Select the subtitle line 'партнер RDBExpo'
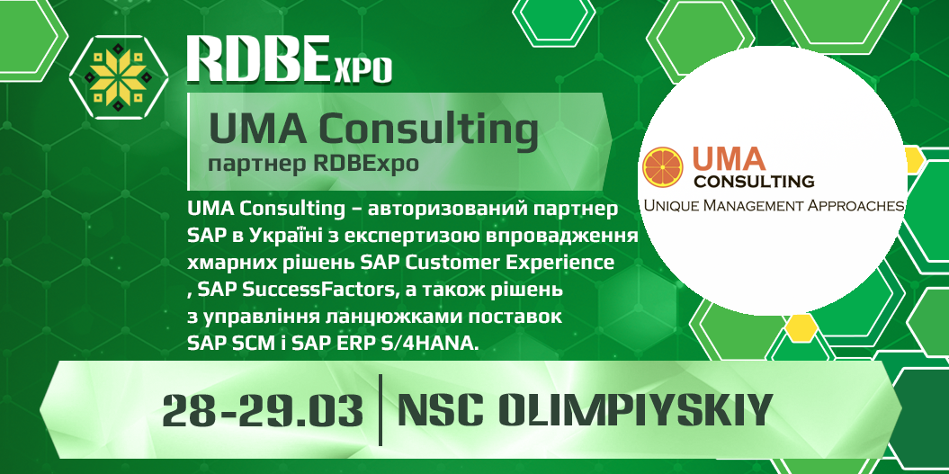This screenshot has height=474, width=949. (312, 165)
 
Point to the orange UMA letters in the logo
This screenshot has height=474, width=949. (730, 158)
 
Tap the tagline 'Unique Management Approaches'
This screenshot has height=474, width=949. (773, 206)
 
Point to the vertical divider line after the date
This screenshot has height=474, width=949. (380, 410)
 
